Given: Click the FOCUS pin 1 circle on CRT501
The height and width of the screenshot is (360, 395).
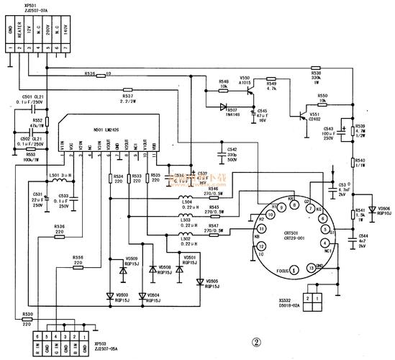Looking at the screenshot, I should click(295, 270).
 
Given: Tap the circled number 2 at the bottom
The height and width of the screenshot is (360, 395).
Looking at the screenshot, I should click(254, 344).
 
